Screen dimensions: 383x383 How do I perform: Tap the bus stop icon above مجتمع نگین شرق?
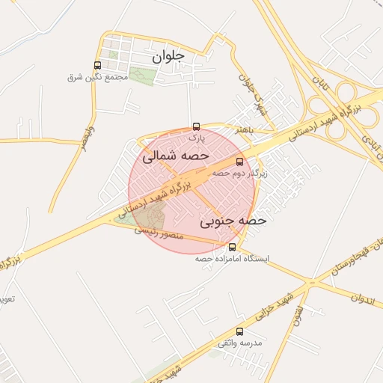[97, 65]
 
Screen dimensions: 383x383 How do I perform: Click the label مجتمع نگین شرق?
[95, 77]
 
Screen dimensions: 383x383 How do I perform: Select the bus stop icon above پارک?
[196, 126]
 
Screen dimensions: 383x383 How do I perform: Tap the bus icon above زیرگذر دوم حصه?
[239, 162]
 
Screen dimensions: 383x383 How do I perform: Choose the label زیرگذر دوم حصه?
[239, 173]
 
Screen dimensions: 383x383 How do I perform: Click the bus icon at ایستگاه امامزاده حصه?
[232, 247]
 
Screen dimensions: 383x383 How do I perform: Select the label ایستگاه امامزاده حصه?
[232, 258]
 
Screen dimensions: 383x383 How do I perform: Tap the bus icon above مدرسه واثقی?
[239, 331]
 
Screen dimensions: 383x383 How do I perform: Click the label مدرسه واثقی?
[239, 343]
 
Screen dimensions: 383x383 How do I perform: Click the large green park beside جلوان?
[141, 76]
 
